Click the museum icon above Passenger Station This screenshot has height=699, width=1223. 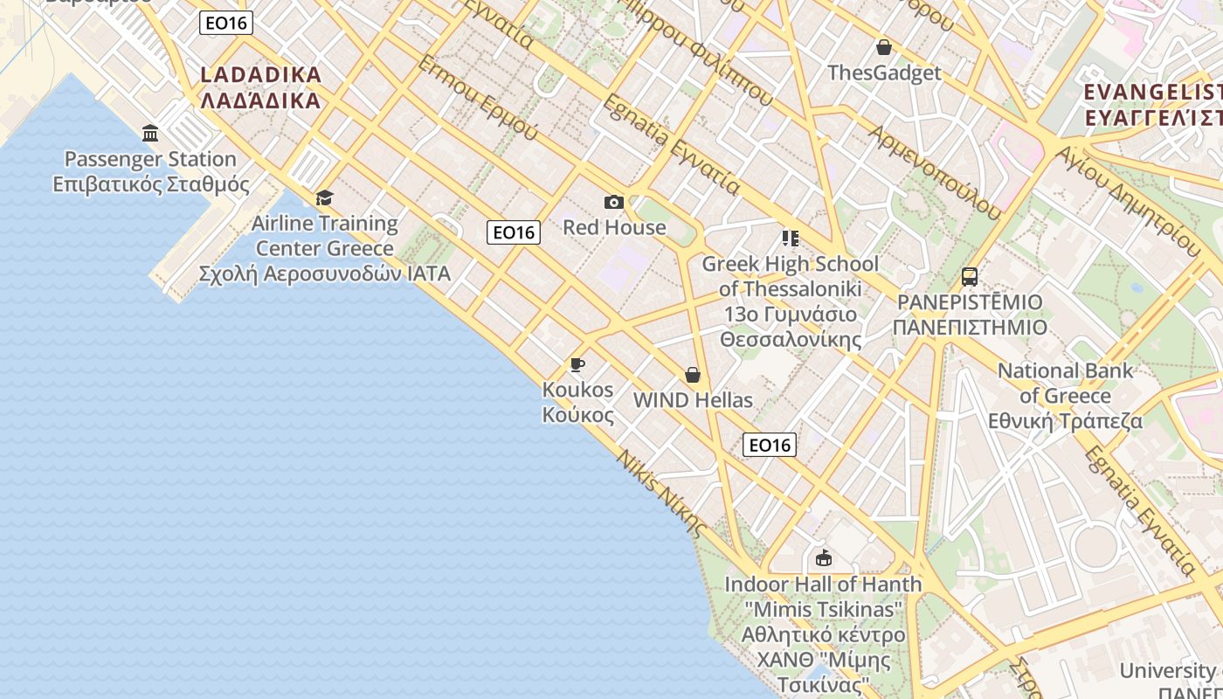(150, 134)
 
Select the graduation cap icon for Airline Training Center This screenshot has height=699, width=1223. (325, 198)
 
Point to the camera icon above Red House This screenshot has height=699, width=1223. (614, 203)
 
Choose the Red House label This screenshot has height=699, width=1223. (614, 227)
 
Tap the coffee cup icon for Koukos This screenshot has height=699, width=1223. (577, 365)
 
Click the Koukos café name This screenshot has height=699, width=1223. (578, 402)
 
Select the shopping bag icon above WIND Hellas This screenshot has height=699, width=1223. (693, 375)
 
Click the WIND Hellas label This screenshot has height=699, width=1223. (693, 400)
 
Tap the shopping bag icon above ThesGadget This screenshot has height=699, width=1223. (884, 47)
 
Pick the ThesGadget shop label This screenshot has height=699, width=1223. (884, 73)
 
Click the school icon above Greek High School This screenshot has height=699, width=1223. (791, 239)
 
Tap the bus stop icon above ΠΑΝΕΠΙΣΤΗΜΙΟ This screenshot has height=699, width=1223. (970, 277)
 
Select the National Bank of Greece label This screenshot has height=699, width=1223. (1065, 395)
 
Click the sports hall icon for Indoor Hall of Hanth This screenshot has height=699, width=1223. (823, 558)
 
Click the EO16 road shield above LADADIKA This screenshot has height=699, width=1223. (226, 23)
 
